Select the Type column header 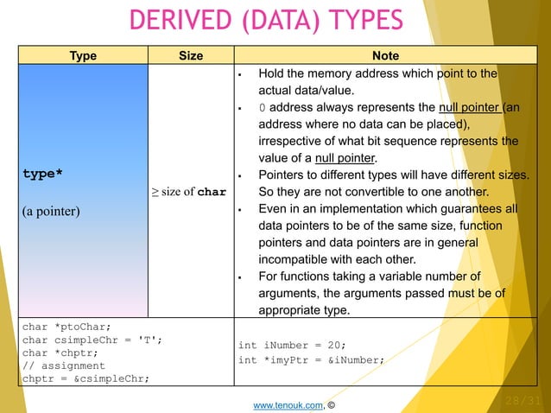click(x=83, y=56)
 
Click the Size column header click(x=190, y=56)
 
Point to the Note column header click(x=385, y=56)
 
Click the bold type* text click(x=42, y=174)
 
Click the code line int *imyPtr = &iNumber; click(x=311, y=359)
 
